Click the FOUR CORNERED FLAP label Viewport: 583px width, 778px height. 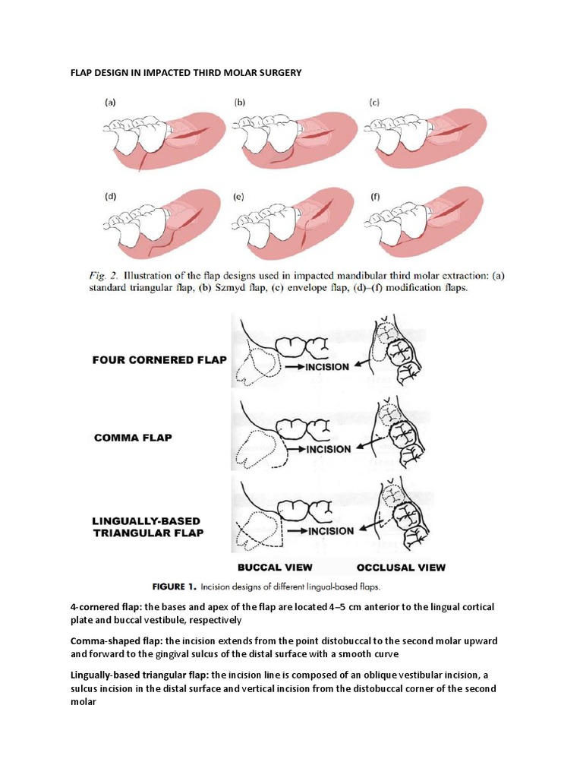coord(159,360)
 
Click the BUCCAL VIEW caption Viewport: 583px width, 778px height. coord(274,568)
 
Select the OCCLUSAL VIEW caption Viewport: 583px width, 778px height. coord(401,568)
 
